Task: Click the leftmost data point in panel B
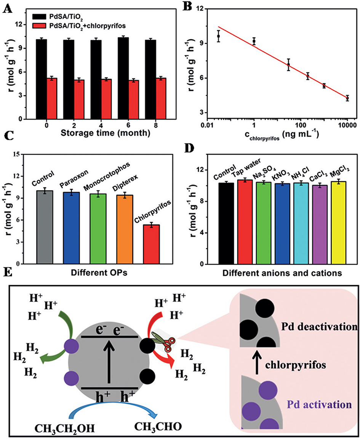pyautogui.click(x=219, y=36)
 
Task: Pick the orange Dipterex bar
pyautogui.click(x=124, y=229)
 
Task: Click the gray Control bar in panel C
pyautogui.click(x=47, y=227)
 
